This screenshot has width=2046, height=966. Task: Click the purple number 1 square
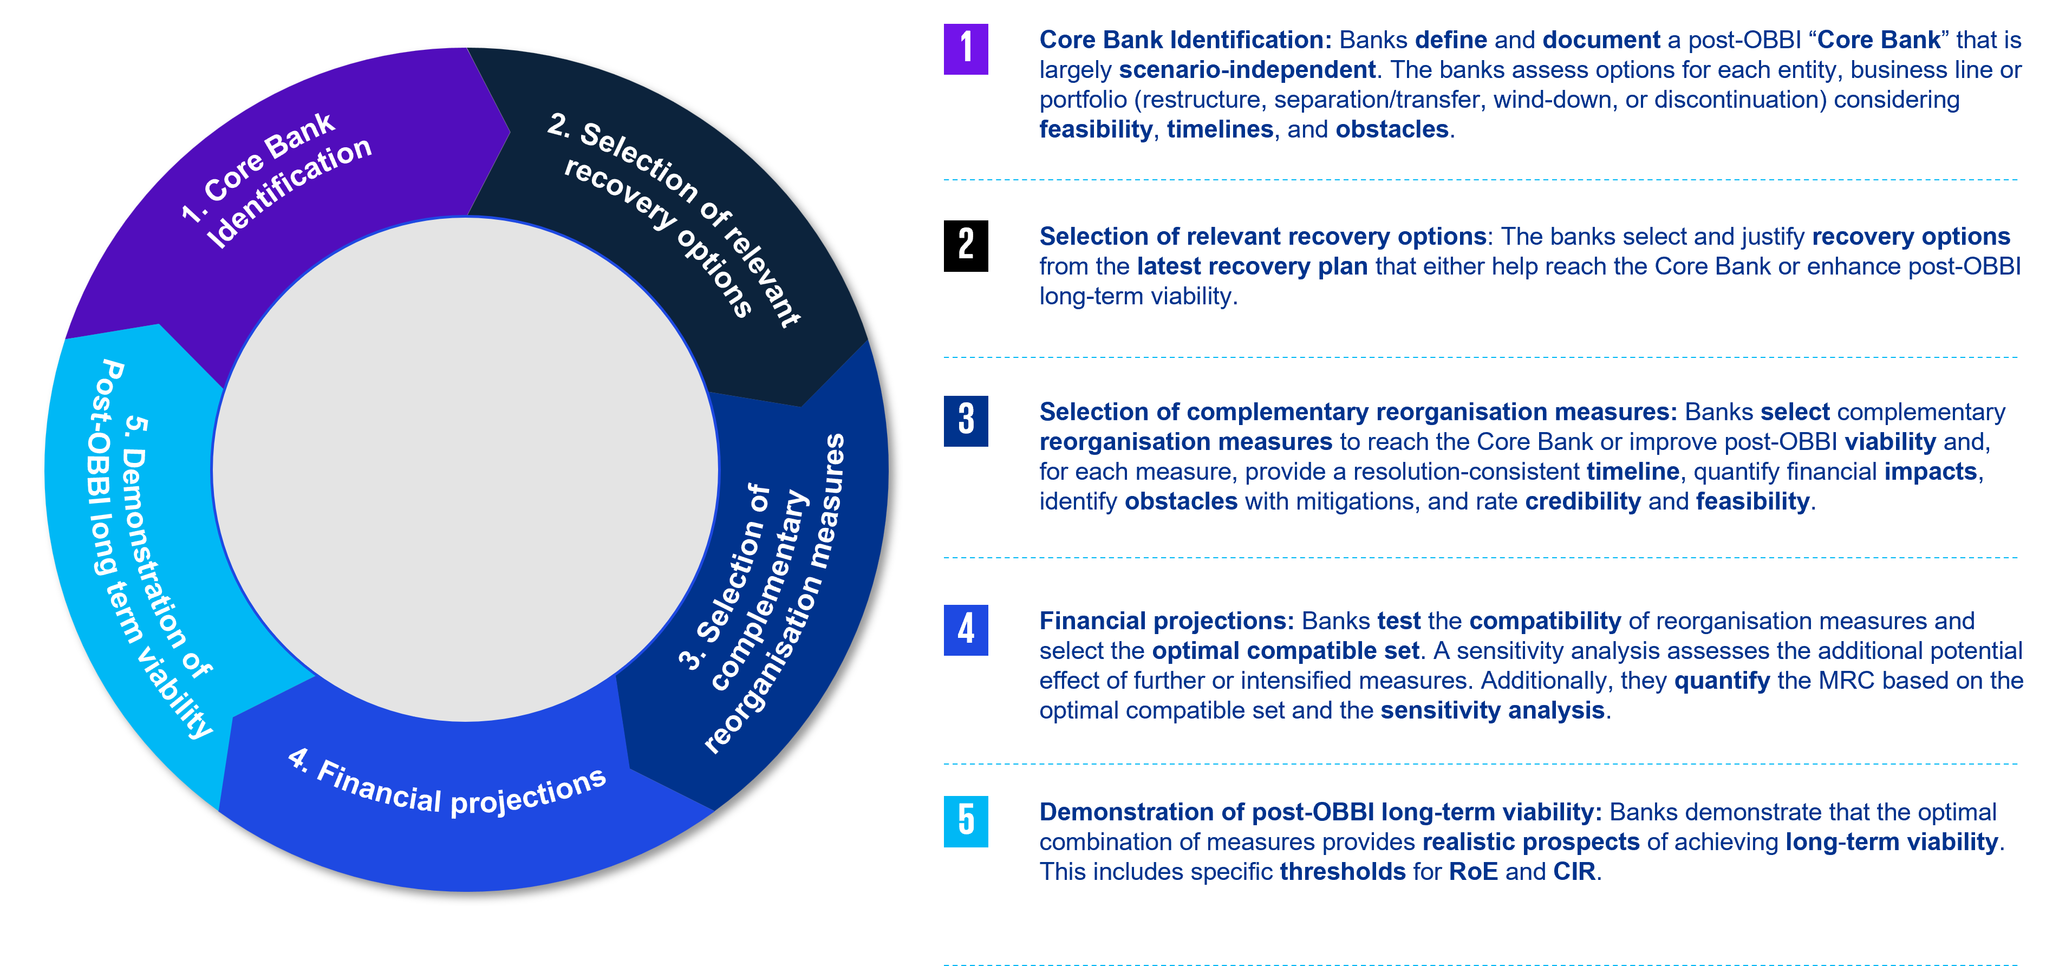click(x=966, y=49)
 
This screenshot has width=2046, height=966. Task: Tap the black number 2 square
click(x=966, y=245)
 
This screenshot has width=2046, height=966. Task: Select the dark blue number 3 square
click(x=966, y=421)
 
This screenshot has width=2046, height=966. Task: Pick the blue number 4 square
click(x=966, y=630)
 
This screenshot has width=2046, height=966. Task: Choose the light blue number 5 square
click(x=966, y=821)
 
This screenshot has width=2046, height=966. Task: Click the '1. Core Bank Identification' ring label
click(x=276, y=180)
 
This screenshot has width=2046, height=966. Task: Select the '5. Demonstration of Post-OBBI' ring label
click(x=151, y=548)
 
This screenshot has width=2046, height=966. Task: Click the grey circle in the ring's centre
click(x=465, y=469)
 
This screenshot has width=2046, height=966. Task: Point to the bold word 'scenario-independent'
click(x=1247, y=70)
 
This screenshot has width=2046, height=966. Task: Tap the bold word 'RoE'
click(x=1474, y=871)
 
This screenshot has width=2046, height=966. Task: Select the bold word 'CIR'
click(x=1574, y=871)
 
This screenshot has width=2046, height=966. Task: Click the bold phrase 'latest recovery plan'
click(x=1253, y=266)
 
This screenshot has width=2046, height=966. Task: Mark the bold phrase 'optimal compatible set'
click(x=1285, y=651)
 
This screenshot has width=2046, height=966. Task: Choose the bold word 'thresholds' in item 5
click(x=1343, y=871)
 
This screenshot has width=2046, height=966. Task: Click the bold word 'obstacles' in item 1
click(x=1392, y=129)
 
